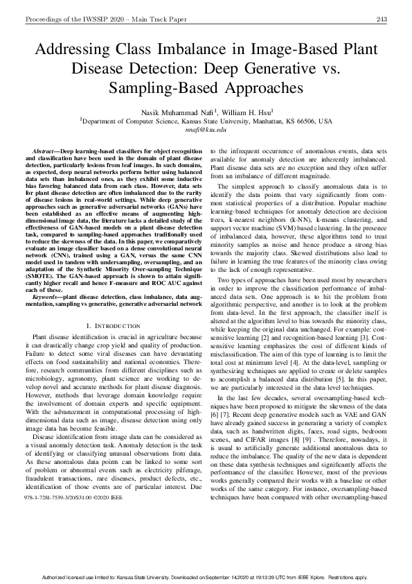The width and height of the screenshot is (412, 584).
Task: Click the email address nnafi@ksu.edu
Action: click(x=206, y=129)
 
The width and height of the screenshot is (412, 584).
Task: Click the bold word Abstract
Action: click(x=46, y=151)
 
